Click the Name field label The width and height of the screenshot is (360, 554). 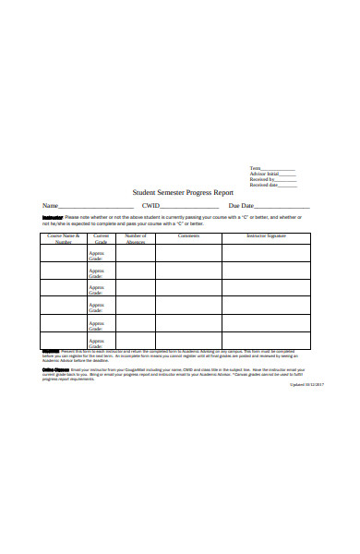50,206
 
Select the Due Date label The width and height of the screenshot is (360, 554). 241,206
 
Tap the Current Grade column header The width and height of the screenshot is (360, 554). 102,238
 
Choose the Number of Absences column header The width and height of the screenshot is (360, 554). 136,238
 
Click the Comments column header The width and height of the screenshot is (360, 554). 188,235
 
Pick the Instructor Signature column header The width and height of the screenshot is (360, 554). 266,235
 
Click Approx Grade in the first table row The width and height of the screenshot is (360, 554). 96,256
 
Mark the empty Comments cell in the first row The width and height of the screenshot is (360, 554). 188,254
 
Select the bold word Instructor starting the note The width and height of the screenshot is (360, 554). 52,217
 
